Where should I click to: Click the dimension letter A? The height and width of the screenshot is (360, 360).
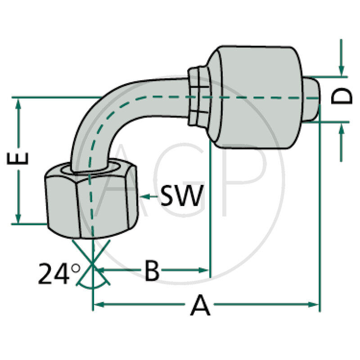pyautogui.click(x=200, y=306)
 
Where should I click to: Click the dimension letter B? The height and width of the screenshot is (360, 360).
pyautogui.click(x=152, y=270)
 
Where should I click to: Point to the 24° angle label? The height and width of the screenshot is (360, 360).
pyautogui.click(x=58, y=274)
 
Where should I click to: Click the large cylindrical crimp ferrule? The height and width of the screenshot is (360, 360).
pyautogui.click(x=256, y=97)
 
